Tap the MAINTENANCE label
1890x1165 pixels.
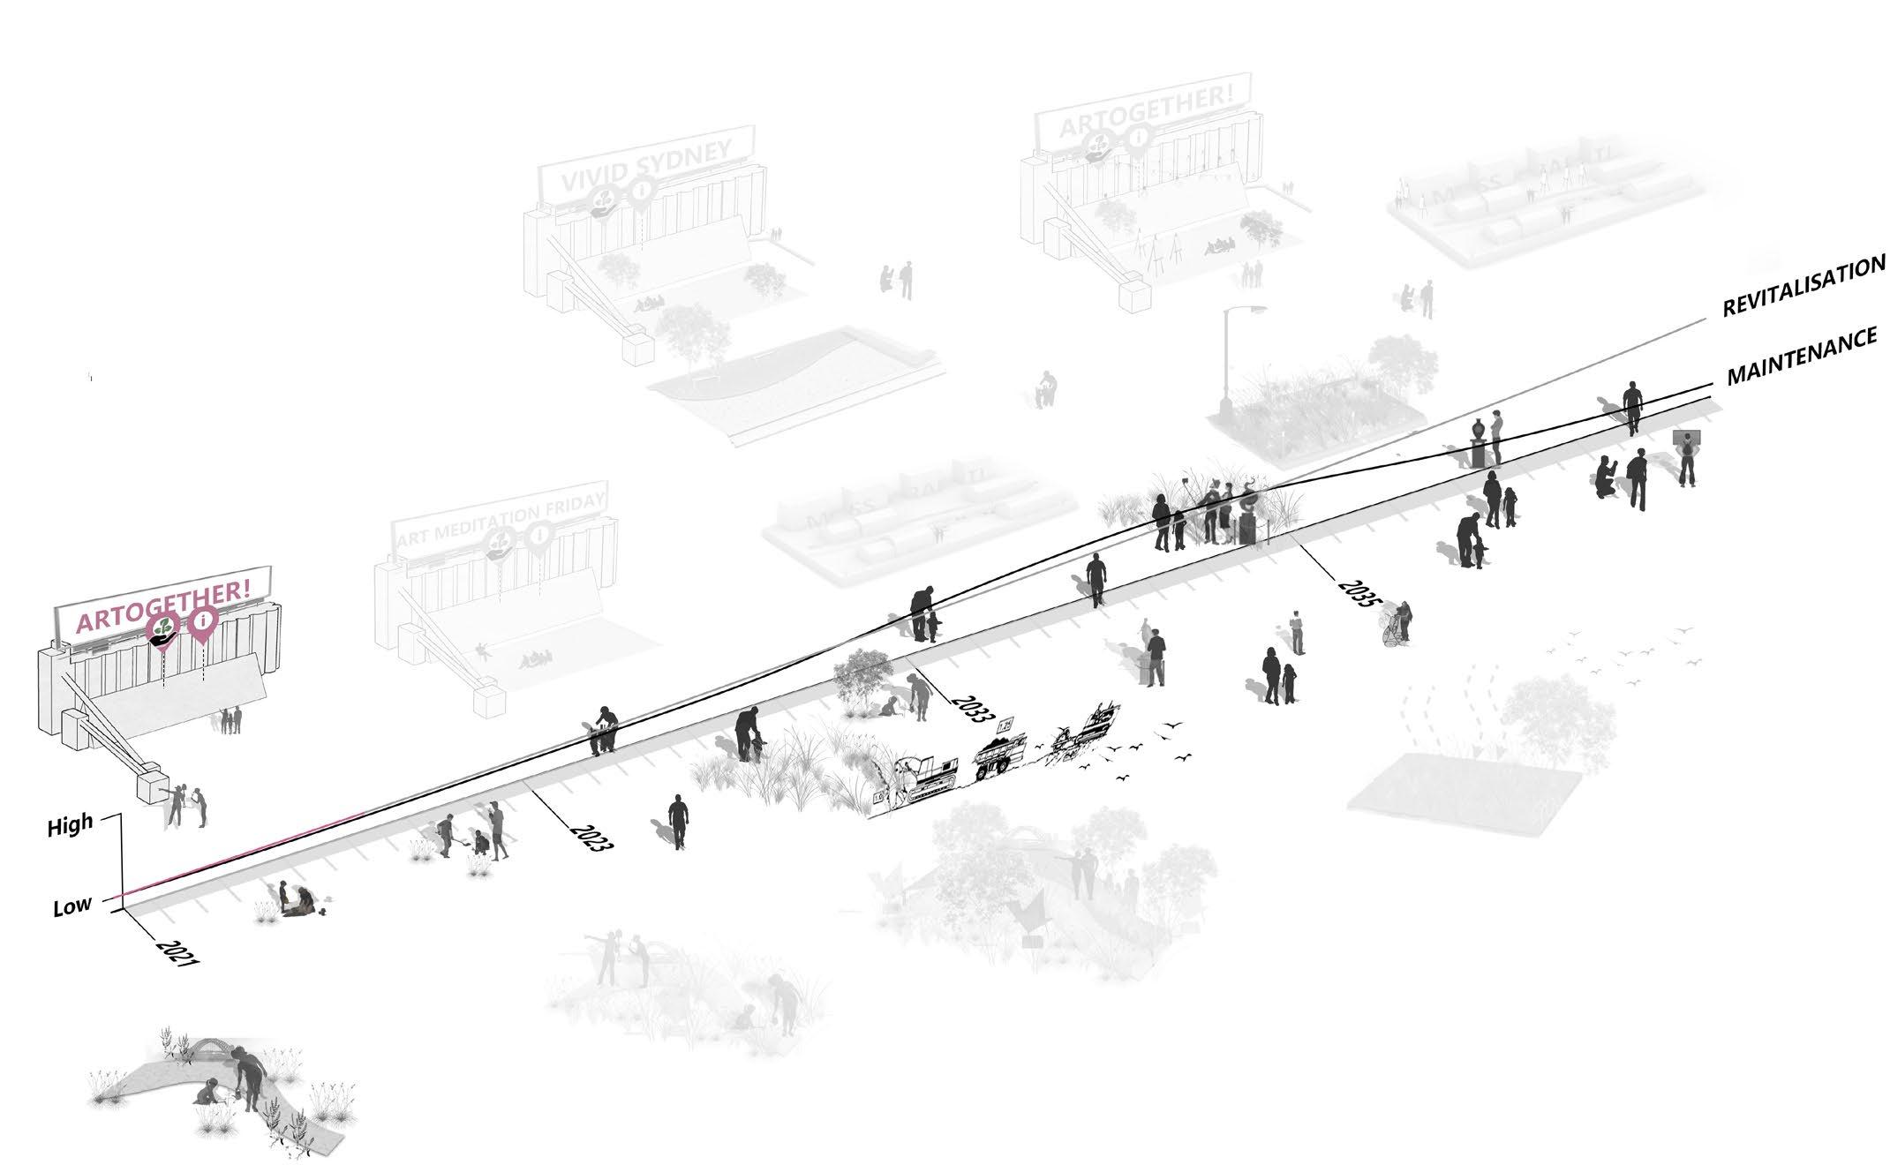1802,357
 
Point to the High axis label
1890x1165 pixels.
70,826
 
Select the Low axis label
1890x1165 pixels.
72,906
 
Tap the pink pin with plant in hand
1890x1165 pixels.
162,631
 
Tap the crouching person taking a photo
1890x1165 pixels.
1606,479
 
